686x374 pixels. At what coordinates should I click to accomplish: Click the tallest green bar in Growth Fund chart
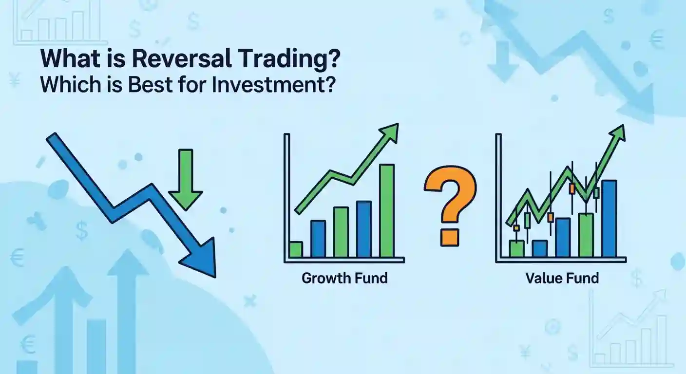point(386,210)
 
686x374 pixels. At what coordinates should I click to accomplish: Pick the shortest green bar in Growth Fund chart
point(296,249)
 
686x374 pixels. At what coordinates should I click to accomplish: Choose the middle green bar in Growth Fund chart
point(341,232)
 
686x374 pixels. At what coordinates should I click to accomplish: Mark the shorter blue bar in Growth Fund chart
point(318,239)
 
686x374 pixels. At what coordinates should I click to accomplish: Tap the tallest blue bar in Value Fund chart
point(609,218)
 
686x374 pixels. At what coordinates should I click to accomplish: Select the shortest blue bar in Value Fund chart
point(540,248)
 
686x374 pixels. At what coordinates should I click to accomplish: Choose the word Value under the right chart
point(542,279)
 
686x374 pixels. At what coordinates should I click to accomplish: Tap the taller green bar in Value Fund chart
point(586,235)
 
